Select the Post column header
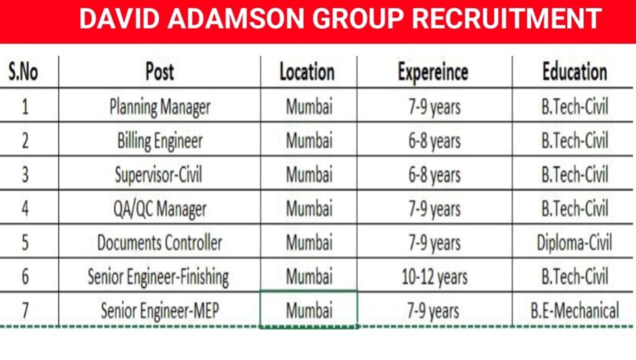pos(160,71)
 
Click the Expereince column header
pos(433,71)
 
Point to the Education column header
pos(575,71)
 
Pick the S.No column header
pos(24,72)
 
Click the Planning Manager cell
pos(160,107)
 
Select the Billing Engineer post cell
pos(160,141)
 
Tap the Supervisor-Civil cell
pos(160,174)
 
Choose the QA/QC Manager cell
pos(160,209)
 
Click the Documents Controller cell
pos(160,242)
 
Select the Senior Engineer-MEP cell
pos(160,310)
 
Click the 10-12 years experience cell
pos(434,276)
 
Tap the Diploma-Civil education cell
pos(575,242)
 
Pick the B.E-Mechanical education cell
pos(575,310)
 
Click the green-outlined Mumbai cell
pos(309,309)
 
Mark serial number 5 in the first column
pos(25,242)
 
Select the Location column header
pos(307,71)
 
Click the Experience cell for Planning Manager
pos(434,107)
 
